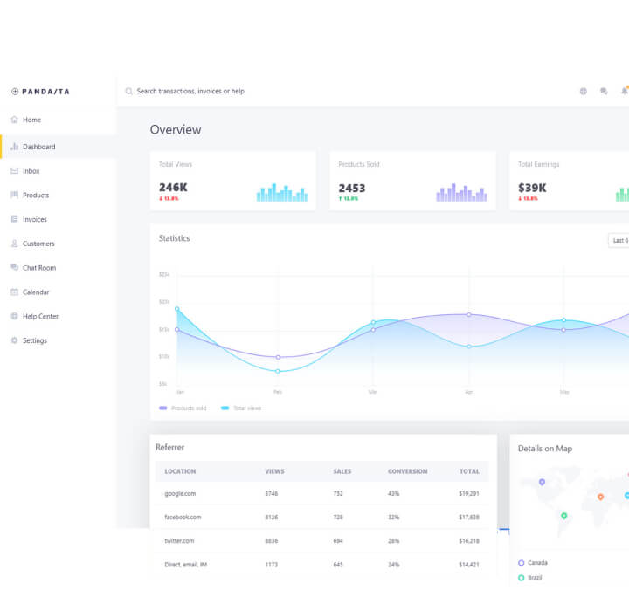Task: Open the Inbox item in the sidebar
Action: [31, 171]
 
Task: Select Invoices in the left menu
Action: [34, 219]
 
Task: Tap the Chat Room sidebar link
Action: [38, 268]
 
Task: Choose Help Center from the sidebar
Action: [39, 316]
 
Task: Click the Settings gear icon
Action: [14, 340]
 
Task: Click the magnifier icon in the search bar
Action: [129, 92]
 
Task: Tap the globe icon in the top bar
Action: [583, 92]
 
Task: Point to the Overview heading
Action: [176, 130]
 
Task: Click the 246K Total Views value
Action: [173, 188]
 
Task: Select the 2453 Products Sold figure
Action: [352, 188]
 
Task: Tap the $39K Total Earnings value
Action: [532, 188]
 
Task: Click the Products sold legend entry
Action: [188, 408]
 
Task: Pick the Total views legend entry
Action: [246, 408]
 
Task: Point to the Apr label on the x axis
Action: [469, 392]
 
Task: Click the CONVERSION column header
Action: [407, 471]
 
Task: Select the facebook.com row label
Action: [183, 518]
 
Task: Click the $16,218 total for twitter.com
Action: [468, 541]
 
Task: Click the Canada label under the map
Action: [538, 563]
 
